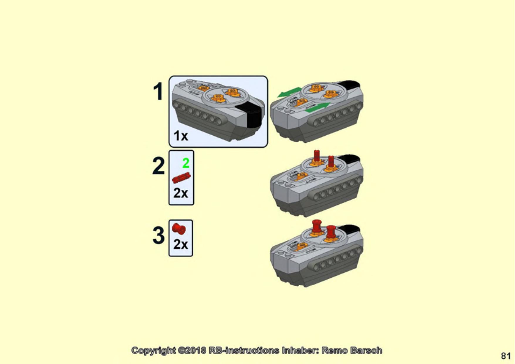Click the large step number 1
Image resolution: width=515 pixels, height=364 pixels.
click(158, 91)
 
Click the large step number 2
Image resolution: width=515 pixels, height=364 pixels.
click(158, 166)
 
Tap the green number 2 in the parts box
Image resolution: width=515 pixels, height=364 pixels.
click(186, 163)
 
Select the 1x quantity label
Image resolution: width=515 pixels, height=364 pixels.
click(181, 136)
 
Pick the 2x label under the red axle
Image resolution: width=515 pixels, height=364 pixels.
click(180, 193)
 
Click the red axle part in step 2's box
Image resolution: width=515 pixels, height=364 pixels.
click(181, 178)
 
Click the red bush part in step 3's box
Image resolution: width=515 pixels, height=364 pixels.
click(179, 229)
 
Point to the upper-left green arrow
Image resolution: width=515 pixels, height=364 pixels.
click(290, 92)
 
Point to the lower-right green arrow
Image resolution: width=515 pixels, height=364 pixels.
click(318, 107)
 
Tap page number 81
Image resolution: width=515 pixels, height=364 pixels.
click(506, 356)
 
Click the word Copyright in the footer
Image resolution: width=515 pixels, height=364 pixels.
click(154, 350)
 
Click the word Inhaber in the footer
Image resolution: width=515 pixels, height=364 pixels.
click(300, 350)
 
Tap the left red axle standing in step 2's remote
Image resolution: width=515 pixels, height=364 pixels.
click(316, 156)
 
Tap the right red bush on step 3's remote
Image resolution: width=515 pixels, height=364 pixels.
click(331, 232)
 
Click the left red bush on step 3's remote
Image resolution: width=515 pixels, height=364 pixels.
click(317, 226)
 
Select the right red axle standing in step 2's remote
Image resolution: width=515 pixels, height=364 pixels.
click(331, 161)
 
